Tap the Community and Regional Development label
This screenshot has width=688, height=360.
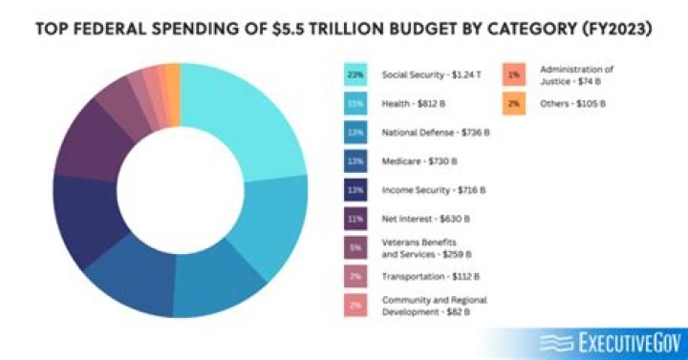click(x=434, y=306)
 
